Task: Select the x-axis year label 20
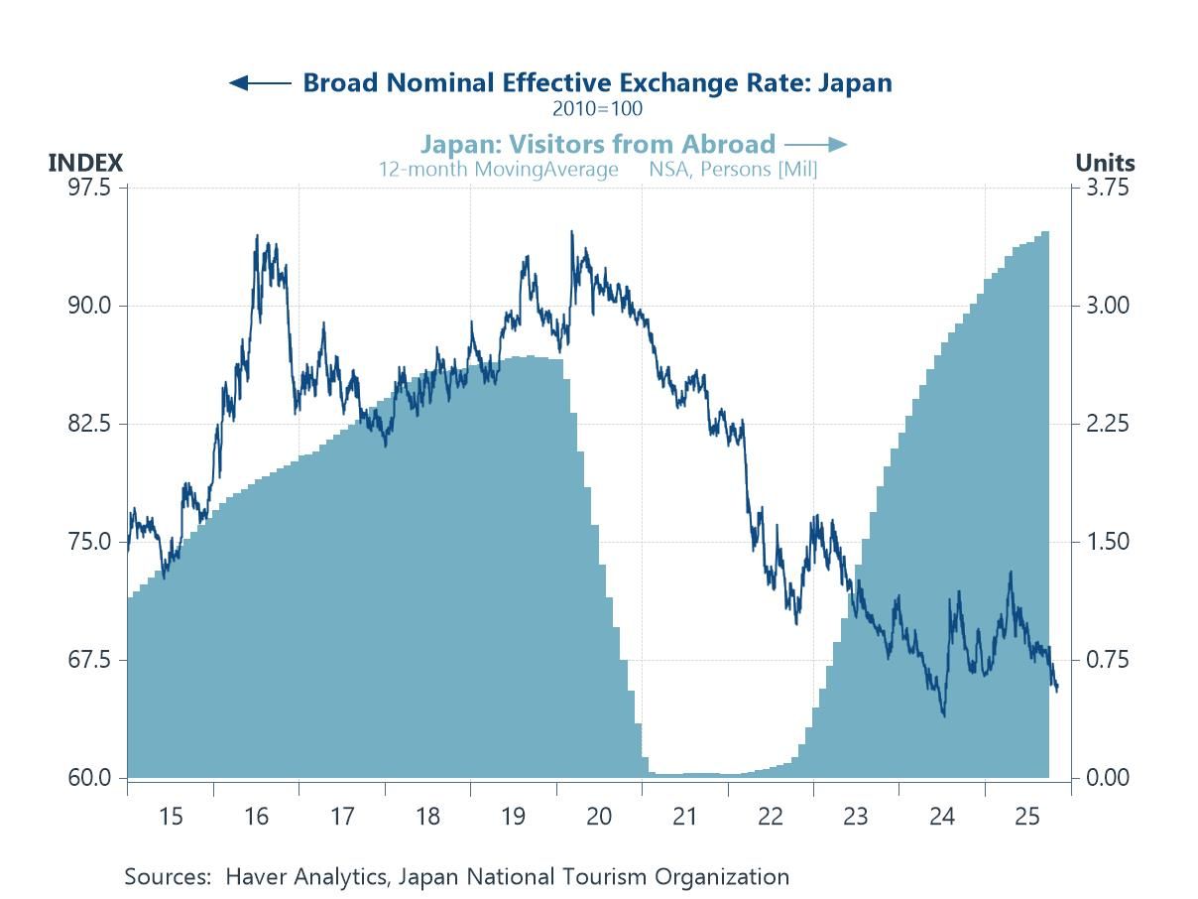click(599, 817)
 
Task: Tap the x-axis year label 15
click(171, 817)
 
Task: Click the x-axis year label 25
click(1027, 817)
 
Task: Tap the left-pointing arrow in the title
click(259, 82)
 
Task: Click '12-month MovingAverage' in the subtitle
click(498, 169)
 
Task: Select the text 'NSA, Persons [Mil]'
click(733, 169)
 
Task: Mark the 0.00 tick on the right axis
click(1108, 778)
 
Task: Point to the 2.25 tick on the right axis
click(1108, 424)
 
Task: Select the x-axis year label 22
click(771, 817)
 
